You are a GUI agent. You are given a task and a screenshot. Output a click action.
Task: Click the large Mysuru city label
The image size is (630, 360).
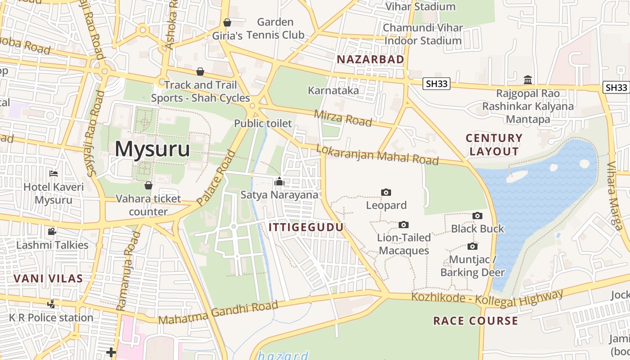pyautogui.click(x=153, y=149)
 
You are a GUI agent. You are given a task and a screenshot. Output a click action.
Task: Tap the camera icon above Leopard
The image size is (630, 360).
pyautogui.click(x=386, y=193)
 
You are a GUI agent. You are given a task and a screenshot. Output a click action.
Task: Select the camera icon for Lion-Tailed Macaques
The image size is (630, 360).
pyautogui.click(x=404, y=225)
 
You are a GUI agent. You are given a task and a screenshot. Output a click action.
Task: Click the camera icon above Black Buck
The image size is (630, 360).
pyautogui.click(x=477, y=216)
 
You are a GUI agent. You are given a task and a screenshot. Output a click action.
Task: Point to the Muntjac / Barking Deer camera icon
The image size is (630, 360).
pyautogui.click(x=472, y=246)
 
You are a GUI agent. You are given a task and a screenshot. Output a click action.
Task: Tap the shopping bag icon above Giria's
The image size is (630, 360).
pyautogui.click(x=227, y=22)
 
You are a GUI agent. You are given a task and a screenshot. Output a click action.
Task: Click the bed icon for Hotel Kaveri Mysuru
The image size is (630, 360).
pyautogui.click(x=54, y=174)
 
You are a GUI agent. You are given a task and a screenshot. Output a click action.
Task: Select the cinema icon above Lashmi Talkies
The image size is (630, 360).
pyautogui.click(x=52, y=232)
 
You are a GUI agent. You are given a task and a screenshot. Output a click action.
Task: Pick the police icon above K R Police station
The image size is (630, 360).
pyautogui.click(x=51, y=304)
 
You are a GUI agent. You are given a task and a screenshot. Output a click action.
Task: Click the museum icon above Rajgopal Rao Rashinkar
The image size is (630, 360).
pyautogui.click(x=528, y=80)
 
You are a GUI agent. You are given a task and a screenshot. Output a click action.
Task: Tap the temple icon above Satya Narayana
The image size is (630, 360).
pyautogui.click(x=279, y=181)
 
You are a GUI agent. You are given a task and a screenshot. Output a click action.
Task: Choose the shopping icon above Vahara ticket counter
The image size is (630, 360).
pyautogui.click(x=148, y=185)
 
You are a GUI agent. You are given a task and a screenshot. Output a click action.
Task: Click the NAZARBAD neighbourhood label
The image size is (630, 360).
pyautogui.click(x=370, y=59)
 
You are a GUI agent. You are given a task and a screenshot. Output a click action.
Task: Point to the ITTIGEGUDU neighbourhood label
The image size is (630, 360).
pyautogui.click(x=306, y=227)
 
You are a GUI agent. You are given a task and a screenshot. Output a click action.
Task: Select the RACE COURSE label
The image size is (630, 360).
pyautogui.click(x=475, y=321)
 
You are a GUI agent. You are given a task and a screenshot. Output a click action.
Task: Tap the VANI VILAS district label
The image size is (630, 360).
pyautogui.click(x=48, y=279)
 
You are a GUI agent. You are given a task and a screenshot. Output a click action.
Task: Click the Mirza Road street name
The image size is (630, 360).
pyautogui.click(x=343, y=118)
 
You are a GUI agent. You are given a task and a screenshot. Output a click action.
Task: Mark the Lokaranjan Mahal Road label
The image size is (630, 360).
pyautogui.click(x=377, y=154)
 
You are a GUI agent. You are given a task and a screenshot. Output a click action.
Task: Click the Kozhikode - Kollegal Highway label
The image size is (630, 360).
pyautogui.click(x=487, y=299)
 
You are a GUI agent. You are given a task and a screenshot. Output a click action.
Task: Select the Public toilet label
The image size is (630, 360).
pyautogui.click(x=263, y=123)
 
